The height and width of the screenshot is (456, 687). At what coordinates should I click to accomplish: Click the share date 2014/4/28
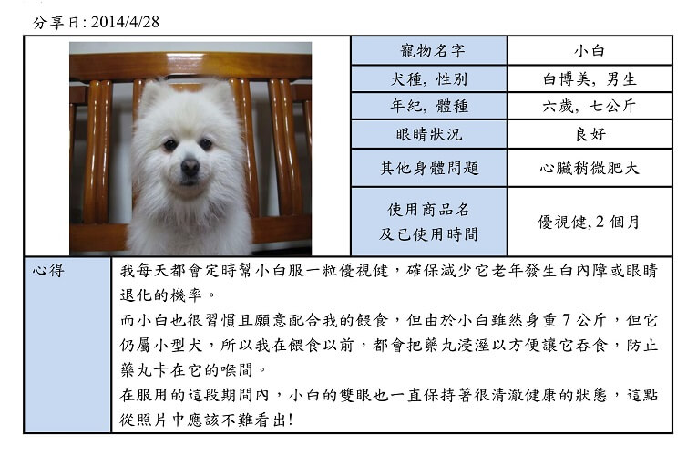(x=126, y=22)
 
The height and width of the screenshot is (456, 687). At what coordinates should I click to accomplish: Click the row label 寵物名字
(x=432, y=51)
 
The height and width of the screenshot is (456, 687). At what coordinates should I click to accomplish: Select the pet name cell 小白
(x=590, y=51)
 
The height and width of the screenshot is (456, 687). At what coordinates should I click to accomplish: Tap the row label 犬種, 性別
(x=429, y=79)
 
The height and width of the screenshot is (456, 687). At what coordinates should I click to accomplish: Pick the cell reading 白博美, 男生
(x=590, y=79)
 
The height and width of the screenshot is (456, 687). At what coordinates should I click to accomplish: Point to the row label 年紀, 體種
(x=429, y=106)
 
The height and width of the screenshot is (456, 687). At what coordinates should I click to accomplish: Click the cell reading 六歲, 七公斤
(x=590, y=106)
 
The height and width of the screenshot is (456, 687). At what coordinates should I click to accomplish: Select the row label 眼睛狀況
(x=429, y=134)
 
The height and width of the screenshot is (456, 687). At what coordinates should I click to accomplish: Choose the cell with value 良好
(x=590, y=134)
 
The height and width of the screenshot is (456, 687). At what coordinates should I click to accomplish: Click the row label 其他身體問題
(x=429, y=168)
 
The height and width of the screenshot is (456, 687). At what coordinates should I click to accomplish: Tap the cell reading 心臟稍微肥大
(x=590, y=168)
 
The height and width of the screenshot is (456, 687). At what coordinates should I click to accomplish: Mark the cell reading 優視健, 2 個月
(x=589, y=222)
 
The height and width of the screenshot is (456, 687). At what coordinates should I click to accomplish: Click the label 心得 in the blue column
(x=48, y=270)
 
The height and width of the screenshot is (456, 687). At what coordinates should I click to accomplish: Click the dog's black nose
(x=190, y=167)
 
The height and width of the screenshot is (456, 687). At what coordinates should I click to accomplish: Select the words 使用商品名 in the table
(x=428, y=210)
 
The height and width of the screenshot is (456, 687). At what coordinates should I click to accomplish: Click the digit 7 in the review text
(x=566, y=320)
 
